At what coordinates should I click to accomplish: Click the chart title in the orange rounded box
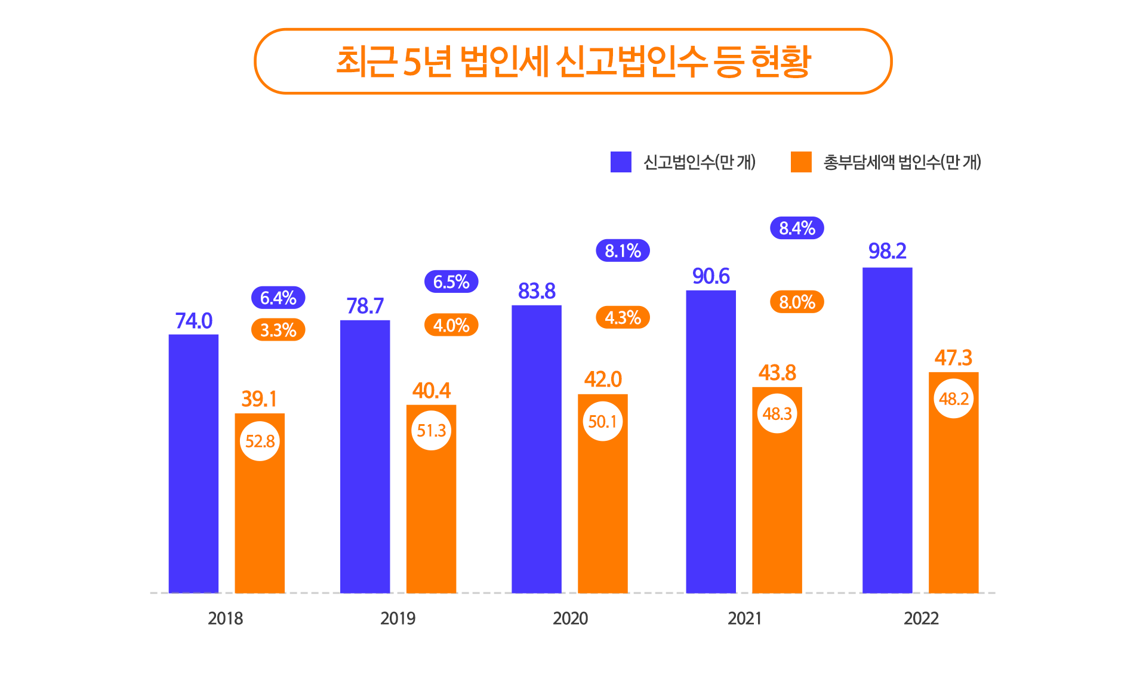pos(573,61)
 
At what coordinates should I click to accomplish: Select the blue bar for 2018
pos(193,463)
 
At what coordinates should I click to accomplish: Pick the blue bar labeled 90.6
pos(710,441)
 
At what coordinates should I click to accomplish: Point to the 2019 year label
pos(398,619)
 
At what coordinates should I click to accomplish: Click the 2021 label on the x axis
pos(744,619)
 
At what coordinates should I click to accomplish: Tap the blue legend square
pos(621,162)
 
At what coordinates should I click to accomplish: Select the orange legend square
pos(801,162)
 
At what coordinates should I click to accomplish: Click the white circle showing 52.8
pos(260,441)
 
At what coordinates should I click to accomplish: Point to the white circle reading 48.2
pos(953,398)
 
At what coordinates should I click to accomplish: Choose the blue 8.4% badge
pos(797,228)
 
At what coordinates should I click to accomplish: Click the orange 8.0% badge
pos(797,302)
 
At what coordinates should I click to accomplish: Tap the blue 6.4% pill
pos(278,298)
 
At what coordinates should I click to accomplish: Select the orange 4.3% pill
pos(623,317)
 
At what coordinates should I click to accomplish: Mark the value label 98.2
pos(887,251)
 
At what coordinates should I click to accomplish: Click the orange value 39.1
pos(259,399)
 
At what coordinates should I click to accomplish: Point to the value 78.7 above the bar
pos(365,306)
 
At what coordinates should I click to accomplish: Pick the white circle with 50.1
pos(602,422)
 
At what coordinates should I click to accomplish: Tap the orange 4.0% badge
pos(451,325)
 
